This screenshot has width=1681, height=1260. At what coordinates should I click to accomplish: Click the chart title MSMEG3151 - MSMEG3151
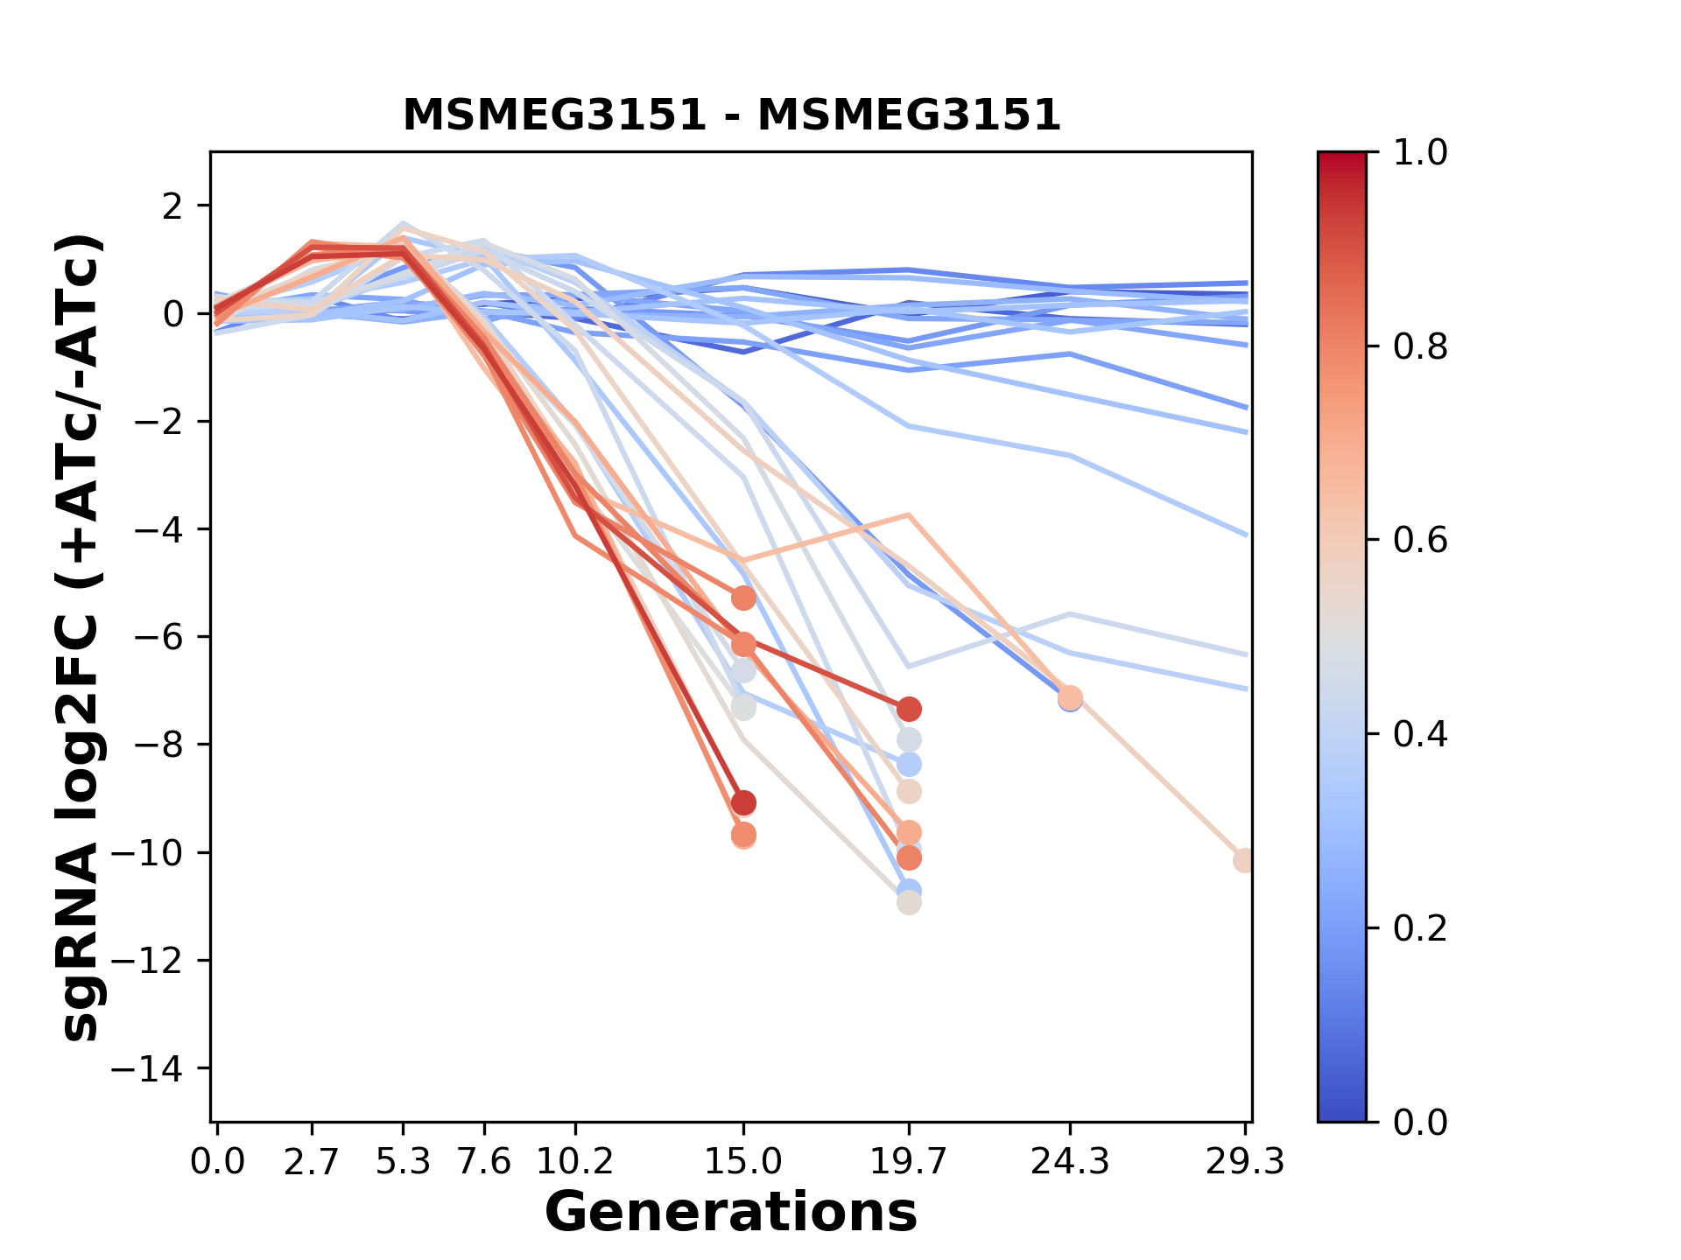click(731, 115)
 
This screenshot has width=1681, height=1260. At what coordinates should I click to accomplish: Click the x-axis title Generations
click(731, 1213)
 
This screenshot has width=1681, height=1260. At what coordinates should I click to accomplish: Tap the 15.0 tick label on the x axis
click(743, 1162)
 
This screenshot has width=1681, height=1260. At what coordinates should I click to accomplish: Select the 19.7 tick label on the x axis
click(909, 1162)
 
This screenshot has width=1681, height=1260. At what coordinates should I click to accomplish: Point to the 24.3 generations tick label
click(1069, 1162)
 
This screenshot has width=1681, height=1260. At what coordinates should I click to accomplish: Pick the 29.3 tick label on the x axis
click(1244, 1162)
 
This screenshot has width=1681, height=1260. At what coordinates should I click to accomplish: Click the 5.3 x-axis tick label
click(403, 1162)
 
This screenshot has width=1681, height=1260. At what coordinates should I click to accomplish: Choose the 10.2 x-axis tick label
click(574, 1162)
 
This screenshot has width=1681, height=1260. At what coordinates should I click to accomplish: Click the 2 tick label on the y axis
click(173, 206)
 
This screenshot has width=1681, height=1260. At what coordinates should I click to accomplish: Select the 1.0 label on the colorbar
click(1420, 153)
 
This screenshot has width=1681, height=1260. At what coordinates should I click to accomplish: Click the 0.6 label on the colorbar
click(1420, 541)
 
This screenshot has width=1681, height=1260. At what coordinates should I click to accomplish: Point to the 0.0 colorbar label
click(1420, 1122)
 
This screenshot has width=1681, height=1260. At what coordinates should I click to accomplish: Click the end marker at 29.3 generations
click(1243, 861)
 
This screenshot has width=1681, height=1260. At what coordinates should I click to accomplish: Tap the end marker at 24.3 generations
click(1070, 698)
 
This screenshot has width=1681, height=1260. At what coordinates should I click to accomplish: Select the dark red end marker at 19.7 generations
click(909, 709)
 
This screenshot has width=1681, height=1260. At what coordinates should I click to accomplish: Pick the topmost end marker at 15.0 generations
click(743, 598)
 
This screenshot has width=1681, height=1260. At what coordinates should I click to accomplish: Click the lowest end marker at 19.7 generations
click(909, 903)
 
